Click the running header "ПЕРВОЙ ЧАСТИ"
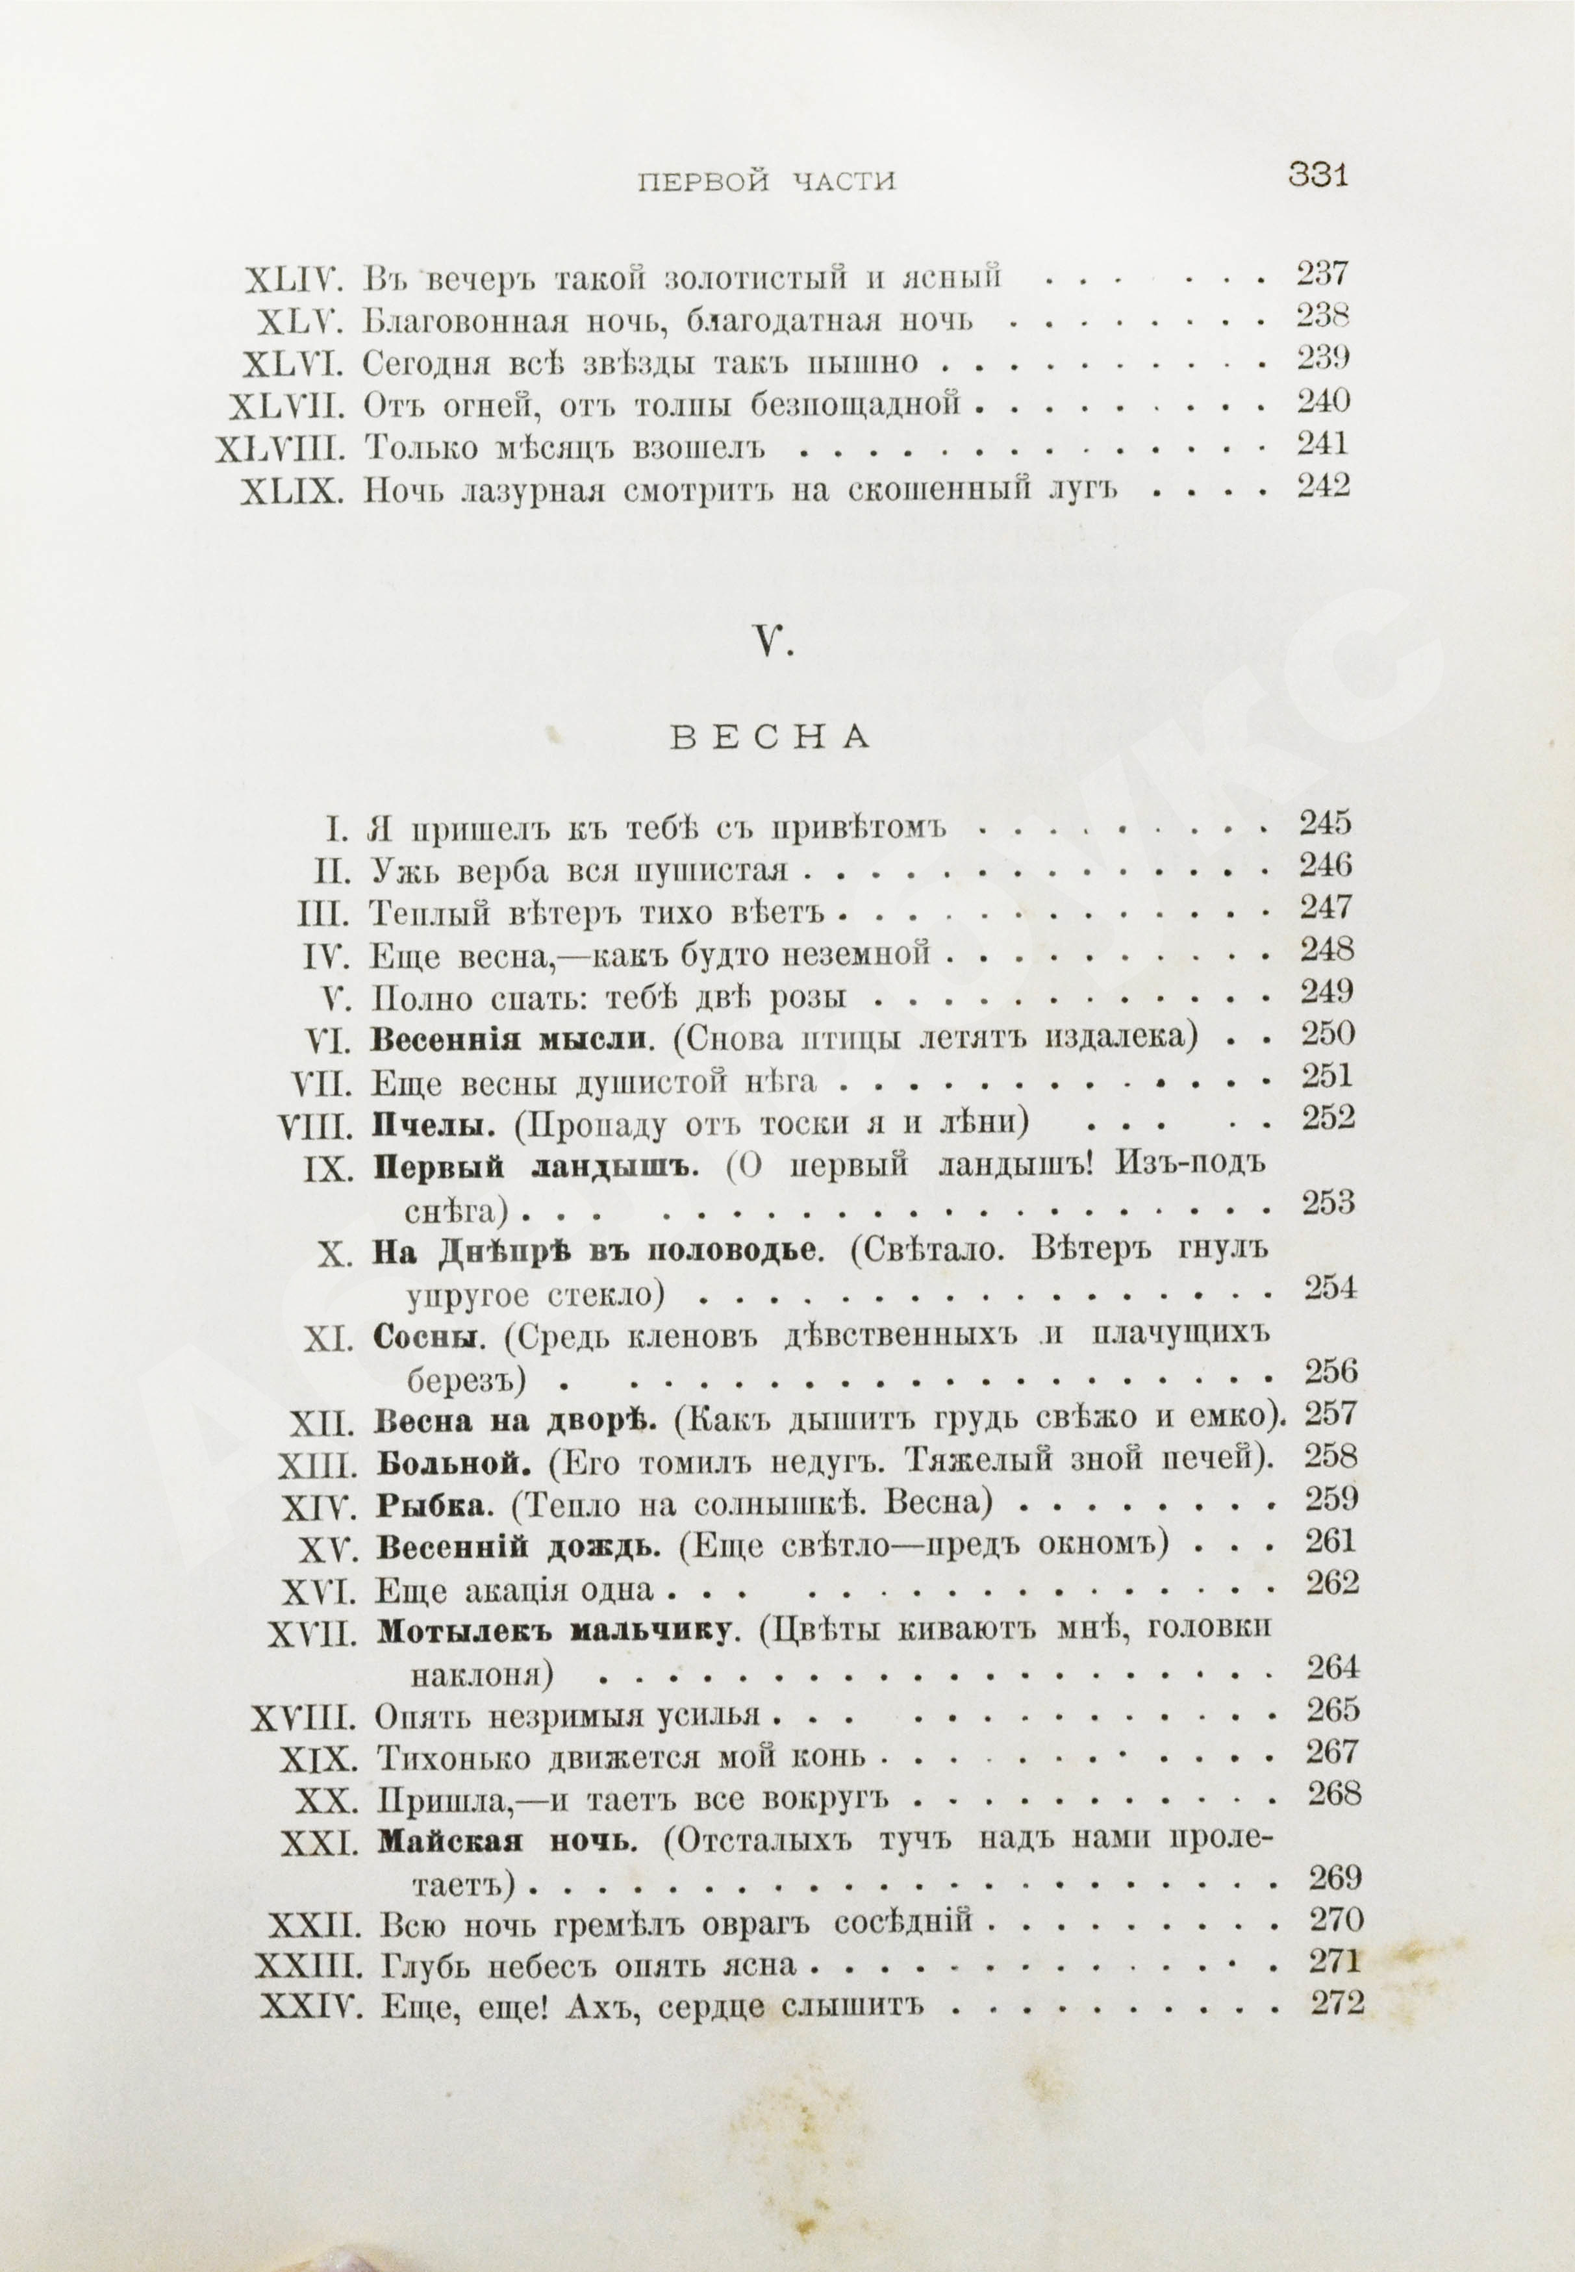(x=767, y=183)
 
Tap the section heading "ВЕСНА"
(x=771, y=738)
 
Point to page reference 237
(x=1322, y=274)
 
